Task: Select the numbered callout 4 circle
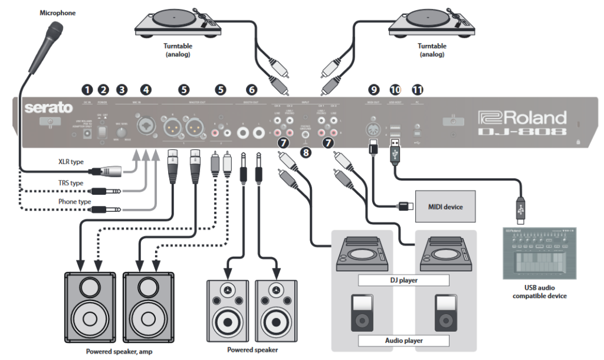point(145,90)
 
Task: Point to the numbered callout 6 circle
point(252,90)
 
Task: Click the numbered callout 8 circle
point(305,153)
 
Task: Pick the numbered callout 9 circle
point(373,90)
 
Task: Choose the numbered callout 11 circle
point(418,90)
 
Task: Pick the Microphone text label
point(58,12)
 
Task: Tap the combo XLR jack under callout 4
point(145,126)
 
